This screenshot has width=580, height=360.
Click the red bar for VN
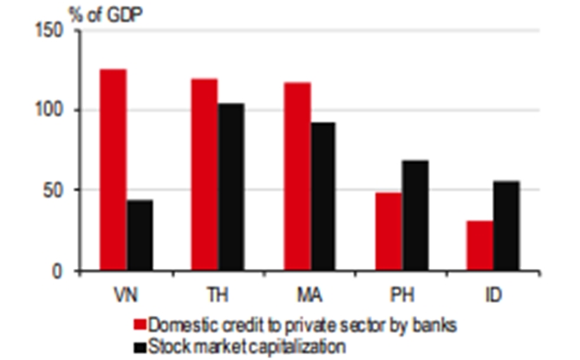113,170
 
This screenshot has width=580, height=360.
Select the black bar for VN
140,235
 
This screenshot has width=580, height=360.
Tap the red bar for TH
204,174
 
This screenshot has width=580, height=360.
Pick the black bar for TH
231,187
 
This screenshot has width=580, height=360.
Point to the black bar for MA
324,196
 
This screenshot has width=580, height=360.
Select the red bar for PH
388,232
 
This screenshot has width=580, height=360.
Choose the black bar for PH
414,215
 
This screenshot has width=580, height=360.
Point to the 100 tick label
52,111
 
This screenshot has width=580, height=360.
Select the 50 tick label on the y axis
55,191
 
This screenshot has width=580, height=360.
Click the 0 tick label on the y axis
60,271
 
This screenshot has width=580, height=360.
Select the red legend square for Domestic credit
140,324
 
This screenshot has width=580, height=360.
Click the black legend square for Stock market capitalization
140,344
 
